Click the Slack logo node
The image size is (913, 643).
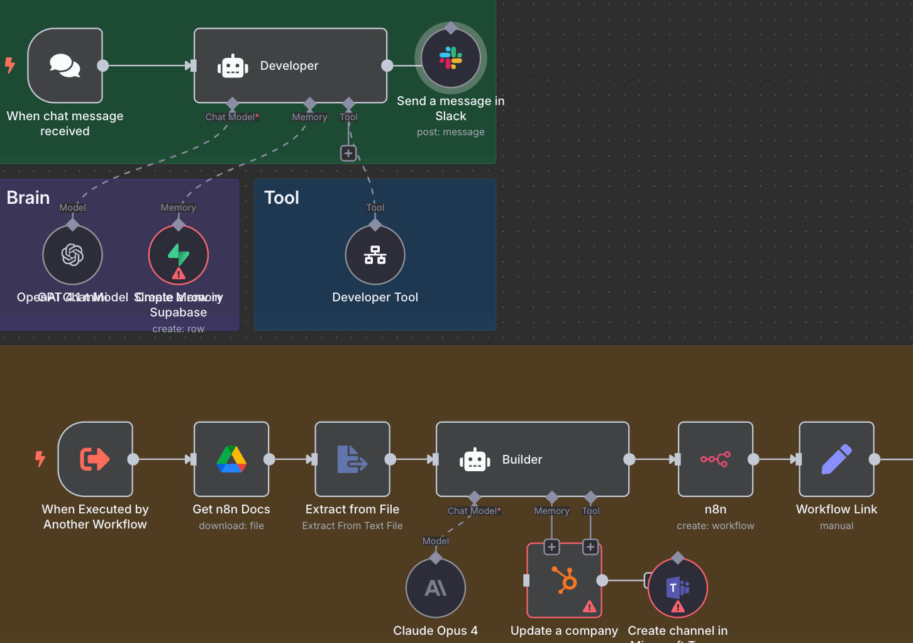tap(451, 59)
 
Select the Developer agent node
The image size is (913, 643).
tap(290, 65)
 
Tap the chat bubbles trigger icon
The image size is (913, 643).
tap(65, 65)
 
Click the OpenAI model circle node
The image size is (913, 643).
tap(72, 255)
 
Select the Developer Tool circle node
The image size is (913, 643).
tap(375, 255)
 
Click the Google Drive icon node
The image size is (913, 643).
tap(231, 459)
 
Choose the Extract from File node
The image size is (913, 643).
tap(352, 459)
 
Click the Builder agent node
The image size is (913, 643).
tap(532, 459)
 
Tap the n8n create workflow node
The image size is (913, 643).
tap(716, 459)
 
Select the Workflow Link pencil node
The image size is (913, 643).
tap(836, 459)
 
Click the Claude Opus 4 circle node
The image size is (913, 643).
tap(436, 588)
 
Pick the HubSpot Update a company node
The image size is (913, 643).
tap(564, 580)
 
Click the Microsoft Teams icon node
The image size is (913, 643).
tap(678, 588)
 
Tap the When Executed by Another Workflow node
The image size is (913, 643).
tap(95, 459)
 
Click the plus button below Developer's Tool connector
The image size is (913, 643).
tap(348, 153)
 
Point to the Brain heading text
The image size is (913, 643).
tap(28, 198)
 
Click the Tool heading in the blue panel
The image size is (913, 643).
tap(282, 198)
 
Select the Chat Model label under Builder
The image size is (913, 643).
tap(474, 511)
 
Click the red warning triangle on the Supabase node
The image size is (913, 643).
tap(179, 274)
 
